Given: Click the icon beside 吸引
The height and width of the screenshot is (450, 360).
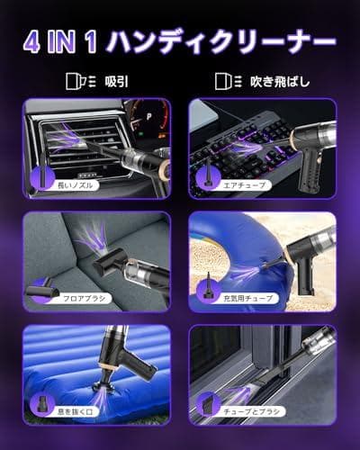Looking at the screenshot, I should tap(78, 81).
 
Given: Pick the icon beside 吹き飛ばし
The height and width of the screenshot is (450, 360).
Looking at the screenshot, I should tap(226, 81).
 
